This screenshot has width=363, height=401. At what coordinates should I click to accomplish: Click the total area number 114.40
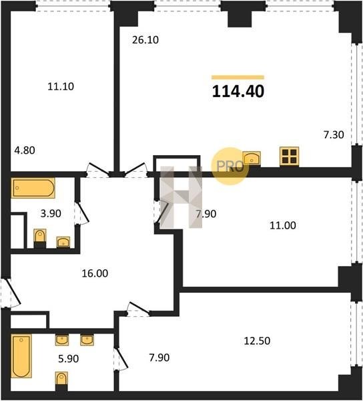pos(238,92)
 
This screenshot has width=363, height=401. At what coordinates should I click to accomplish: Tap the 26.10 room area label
pos(145,40)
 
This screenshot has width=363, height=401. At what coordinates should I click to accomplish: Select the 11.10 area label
pos(61,86)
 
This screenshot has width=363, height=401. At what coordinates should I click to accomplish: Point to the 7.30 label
pos(334,134)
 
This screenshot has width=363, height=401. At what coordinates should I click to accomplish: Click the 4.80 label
pos(25,150)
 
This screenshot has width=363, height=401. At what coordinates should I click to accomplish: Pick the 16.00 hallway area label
pos(95,273)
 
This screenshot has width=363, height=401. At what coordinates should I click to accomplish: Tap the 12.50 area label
pos(257,341)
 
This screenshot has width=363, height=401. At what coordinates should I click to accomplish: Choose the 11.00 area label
pos(283,226)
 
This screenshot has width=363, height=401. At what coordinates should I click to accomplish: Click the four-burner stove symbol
pos(289,156)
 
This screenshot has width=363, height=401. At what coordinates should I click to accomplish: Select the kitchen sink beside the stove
pos(252,158)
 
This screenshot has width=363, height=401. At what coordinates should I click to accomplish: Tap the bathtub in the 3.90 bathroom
pos(33,188)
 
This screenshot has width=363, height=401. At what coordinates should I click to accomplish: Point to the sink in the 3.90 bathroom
pos(63,242)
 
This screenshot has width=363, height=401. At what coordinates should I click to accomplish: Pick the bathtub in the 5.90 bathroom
pos(21,356)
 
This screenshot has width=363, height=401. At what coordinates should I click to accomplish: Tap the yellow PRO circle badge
pos(230,166)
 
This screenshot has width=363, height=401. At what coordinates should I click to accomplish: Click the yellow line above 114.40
pos(238,78)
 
